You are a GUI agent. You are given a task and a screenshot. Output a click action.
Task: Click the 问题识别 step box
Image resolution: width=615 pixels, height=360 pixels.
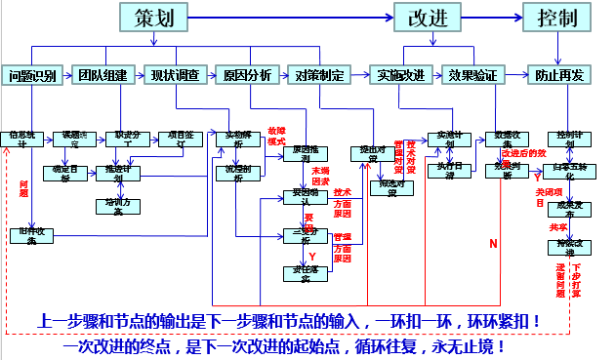[33, 75]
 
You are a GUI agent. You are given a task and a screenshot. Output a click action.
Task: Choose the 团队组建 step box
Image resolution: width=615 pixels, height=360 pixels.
[103, 75]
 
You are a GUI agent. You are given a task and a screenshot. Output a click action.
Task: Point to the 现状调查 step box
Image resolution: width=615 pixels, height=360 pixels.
[175, 75]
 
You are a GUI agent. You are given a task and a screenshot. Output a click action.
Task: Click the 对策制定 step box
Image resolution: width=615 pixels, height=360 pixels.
[320, 75]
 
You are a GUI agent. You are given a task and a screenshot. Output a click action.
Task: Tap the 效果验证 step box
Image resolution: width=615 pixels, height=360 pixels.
[474, 75]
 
